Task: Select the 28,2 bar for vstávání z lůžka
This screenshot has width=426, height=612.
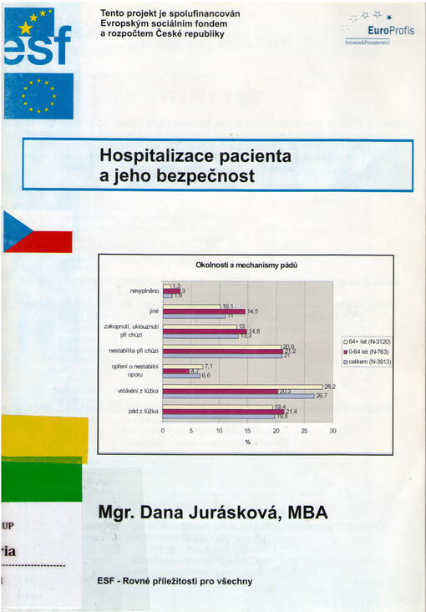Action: coord(242,387)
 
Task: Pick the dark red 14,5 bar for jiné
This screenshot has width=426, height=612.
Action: coord(203,311)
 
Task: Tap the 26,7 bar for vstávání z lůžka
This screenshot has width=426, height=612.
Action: coord(238,396)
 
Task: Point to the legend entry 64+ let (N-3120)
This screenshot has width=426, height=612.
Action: coord(368,342)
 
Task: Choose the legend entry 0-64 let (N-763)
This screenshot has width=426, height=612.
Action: coord(368,352)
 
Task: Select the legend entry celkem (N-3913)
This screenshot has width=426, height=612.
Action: coord(368,362)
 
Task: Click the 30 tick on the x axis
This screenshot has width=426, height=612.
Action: coord(332,431)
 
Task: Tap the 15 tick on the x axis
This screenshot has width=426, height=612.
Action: coord(247,431)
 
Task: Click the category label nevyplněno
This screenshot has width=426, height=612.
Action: coord(144,291)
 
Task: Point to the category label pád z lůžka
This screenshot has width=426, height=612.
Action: coord(141,411)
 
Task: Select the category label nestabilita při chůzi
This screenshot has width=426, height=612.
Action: coord(133,351)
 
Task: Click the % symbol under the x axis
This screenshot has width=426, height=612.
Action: coord(247,442)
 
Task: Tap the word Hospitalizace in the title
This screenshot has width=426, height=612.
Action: coord(160,155)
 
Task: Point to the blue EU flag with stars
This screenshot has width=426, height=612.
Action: coord(38,96)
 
